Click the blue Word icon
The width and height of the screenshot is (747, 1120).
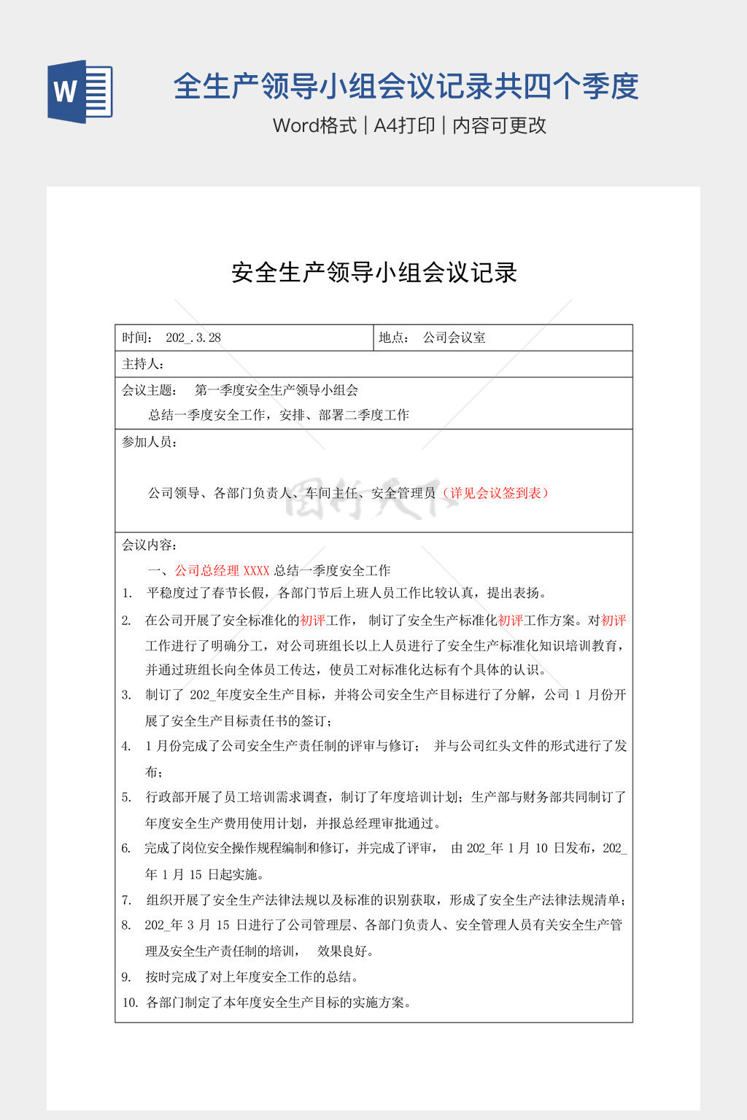(x=80, y=91)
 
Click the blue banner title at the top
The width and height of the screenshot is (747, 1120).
(x=406, y=87)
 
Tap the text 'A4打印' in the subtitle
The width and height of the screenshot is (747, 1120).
(x=404, y=125)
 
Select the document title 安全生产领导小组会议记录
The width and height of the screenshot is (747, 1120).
(x=374, y=273)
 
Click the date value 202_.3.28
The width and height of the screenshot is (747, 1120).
(x=193, y=338)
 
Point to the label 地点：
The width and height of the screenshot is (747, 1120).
(x=395, y=338)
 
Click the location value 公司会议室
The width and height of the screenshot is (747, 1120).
(x=454, y=338)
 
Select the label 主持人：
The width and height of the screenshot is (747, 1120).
(x=143, y=364)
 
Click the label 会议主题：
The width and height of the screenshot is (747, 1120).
(x=149, y=390)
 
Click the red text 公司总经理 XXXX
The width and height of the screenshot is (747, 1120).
(x=222, y=570)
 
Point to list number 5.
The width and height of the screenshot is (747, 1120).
(x=126, y=797)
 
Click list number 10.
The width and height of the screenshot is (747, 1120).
(x=130, y=1003)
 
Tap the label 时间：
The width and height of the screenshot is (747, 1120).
(x=138, y=338)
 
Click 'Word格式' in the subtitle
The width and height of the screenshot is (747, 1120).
(x=314, y=125)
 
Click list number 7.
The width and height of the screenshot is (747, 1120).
(x=126, y=900)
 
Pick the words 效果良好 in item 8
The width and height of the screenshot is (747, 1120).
(x=345, y=951)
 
